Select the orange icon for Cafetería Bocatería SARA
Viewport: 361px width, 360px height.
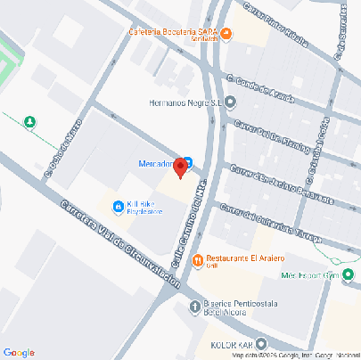[x=226, y=35]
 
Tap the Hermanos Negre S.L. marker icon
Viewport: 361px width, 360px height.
[x=231, y=101]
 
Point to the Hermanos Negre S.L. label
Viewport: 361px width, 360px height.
[x=185, y=101]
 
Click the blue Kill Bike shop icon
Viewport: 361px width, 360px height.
[x=118, y=208]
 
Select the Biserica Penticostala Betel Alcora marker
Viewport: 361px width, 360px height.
[x=196, y=307]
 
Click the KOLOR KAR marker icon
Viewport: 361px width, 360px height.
[x=259, y=344]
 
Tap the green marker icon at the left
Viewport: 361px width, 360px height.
[x=30, y=122]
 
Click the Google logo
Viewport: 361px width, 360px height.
[x=19, y=352]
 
